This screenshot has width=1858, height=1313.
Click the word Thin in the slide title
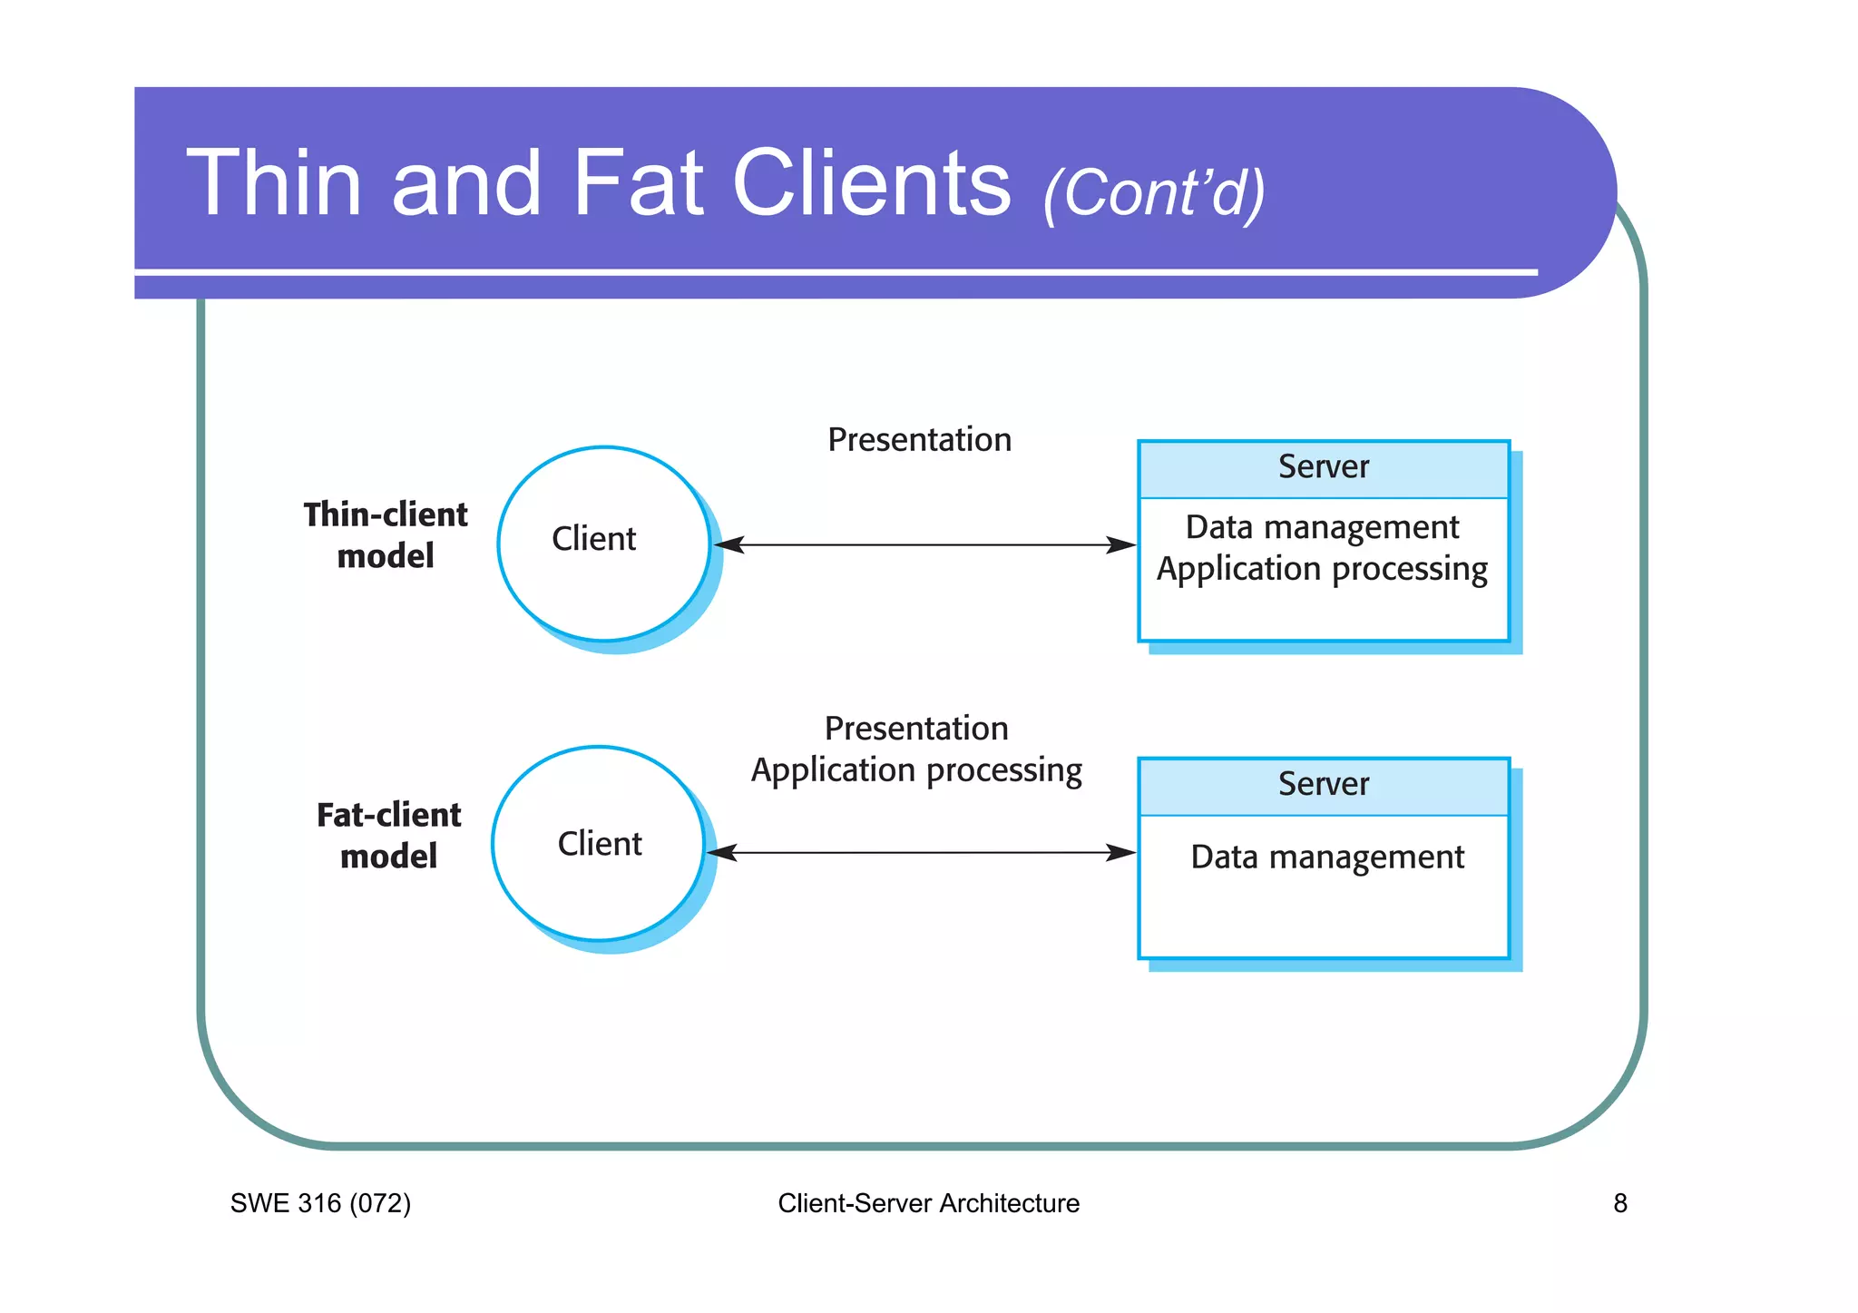275,183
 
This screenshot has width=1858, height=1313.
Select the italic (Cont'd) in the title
1153,192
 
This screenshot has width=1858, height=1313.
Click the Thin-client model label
386,535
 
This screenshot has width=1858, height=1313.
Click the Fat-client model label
388,836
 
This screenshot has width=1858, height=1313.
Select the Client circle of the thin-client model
603,543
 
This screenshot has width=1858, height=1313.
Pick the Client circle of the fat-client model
599,844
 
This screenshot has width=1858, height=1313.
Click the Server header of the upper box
1323,467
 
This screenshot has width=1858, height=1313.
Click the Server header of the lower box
1323,784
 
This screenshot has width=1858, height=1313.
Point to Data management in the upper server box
1322,527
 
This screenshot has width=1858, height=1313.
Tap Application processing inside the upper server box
1322,569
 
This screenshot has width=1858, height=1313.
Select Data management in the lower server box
1326,857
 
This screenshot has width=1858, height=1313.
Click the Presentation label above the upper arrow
919,440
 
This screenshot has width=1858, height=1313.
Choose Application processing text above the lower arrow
916,770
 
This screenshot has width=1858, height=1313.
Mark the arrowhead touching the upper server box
1122,545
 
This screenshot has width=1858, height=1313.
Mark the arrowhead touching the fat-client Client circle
722,853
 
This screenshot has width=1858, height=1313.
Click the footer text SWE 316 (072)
320,1204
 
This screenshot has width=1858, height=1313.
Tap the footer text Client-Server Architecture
928,1204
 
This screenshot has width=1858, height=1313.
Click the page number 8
1619,1204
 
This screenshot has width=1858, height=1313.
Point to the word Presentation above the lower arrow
916,729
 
